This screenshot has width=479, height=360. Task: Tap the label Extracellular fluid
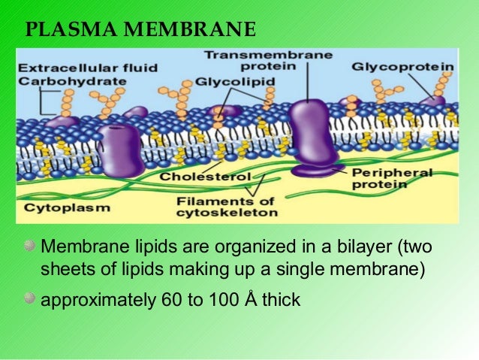click(x=78, y=66)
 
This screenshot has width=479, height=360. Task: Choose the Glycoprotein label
click(x=402, y=67)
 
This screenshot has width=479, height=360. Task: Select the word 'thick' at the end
click(x=279, y=300)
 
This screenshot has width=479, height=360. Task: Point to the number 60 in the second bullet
click(x=170, y=300)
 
